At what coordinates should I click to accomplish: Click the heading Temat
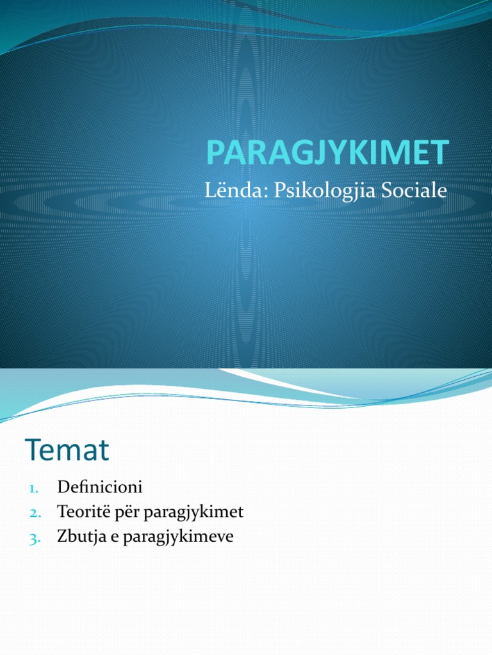[x=67, y=450]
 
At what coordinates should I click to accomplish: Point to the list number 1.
[x=34, y=488]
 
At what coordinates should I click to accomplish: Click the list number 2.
[x=34, y=513]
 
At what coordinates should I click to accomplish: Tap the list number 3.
[x=34, y=538]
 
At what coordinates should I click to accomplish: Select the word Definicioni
[x=99, y=487]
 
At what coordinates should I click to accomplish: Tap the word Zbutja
[x=78, y=537]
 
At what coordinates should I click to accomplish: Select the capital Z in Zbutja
[x=61, y=537]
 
